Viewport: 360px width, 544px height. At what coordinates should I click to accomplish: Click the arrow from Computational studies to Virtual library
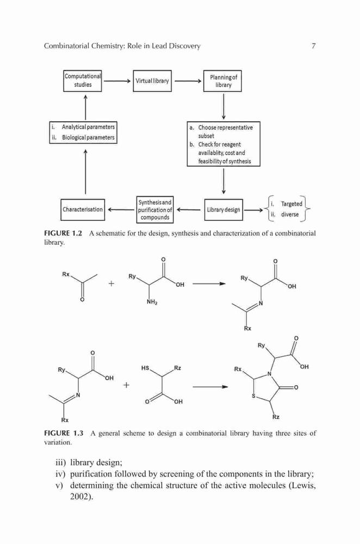117,81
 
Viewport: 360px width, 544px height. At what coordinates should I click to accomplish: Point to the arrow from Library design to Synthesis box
189,209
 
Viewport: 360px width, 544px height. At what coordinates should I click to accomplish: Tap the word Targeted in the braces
291,204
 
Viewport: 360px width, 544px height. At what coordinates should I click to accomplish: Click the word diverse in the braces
290,214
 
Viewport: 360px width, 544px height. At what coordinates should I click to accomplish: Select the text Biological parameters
88,138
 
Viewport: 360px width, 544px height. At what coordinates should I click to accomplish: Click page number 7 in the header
314,46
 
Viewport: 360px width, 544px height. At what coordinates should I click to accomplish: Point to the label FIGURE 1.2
63,233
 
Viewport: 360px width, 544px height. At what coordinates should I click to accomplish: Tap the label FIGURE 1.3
64,433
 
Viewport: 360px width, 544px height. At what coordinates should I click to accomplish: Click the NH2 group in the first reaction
152,302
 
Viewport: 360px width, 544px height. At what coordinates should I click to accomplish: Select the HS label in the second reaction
145,367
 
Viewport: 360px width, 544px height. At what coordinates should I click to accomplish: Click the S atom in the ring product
253,396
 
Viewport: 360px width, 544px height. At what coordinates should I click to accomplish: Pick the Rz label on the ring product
276,417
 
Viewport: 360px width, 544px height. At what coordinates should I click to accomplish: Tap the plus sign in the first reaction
111,283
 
